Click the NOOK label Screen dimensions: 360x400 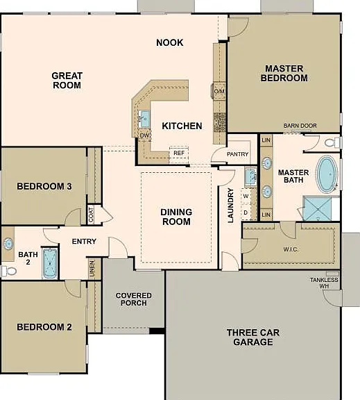pyautogui.click(x=170, y=42)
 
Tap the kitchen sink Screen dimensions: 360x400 pyautogui.click(x=144, y=119)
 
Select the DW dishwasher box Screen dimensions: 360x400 pyautogui.click(x=144, y=135)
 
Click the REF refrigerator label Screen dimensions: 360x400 pyautogui.click(x=179, y=153)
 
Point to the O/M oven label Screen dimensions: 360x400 pyautogui.click(x=219, y=91)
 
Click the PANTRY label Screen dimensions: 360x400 pyautogui.click(x=237, y=154)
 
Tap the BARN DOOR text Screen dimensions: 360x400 pyautogui.click(x=300, y=126)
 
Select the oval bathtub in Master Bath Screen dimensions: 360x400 pyautogui.click(x=327, y=174)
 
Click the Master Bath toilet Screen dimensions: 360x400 pyautogui.click(x=332, y=142)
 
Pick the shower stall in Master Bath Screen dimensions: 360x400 pyautogui.click(x=318, y=208)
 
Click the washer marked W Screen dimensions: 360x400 pyautogui.click(x=246, y=196)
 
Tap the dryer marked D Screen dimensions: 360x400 pyautogui.click(x=246, y=212)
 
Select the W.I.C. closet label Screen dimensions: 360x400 pyautogui.click(x=291, y=249)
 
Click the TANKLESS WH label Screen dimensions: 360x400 pyautogui.click(x=324, y=283)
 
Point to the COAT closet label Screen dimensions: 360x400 pyautogui.click(x=91, y=215)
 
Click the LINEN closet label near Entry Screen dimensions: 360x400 pyautogui.click(x=92, y=269)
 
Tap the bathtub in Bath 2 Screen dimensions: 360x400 pyautogui.click(x=50, y=263)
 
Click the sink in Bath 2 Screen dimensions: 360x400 pyautogui.click(x=8, y=244)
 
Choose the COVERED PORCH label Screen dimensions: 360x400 pyautogui.click(x=133, y=299)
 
